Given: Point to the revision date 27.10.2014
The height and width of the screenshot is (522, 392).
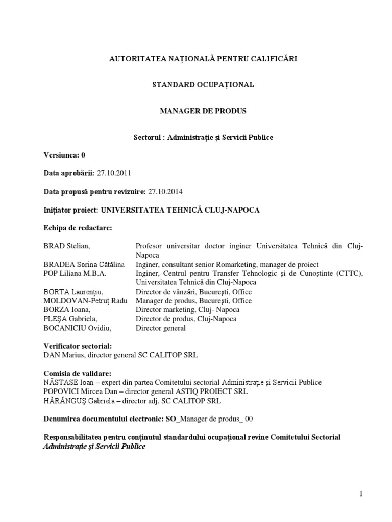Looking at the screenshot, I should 165,192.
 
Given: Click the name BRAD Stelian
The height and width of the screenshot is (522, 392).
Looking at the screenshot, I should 66,246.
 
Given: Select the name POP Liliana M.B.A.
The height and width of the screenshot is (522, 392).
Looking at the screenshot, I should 73,273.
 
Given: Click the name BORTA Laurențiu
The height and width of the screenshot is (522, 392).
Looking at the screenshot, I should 73,292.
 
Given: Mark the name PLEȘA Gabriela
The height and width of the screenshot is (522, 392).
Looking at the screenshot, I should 71,319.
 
